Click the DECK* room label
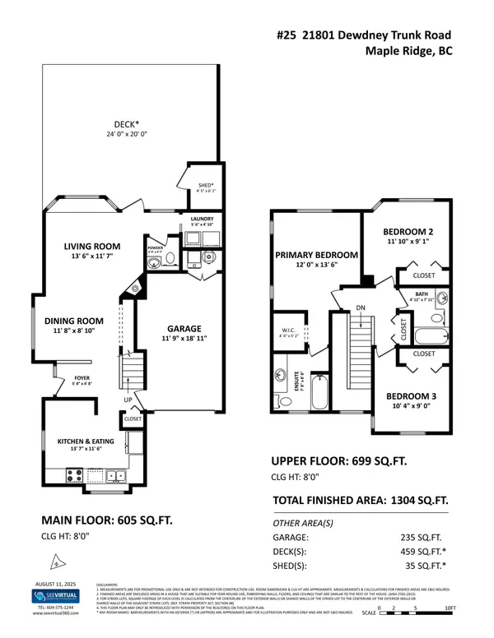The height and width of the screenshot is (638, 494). click(123, 124)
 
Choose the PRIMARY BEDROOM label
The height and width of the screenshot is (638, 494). click(315, 255)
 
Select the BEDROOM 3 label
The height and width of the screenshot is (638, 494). click(417, 395)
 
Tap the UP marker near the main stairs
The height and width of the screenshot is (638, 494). click(127, 400)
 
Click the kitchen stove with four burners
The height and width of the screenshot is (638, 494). click(72, 474)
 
